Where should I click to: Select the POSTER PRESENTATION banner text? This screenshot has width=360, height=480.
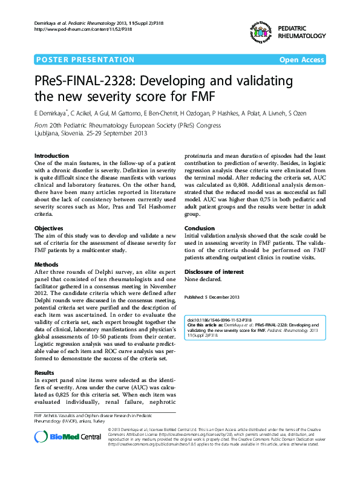click(x=86, y=60)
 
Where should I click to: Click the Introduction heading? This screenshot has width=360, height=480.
click(x=51, y=156)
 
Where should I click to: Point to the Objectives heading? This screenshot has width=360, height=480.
click(x=49, y=228)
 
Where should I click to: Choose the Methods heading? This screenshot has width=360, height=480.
click(x=47, y=265)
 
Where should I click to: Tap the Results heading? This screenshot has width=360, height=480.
click(x=45, y=373)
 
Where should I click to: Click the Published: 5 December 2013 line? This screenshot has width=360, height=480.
click(x=212, y=297)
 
